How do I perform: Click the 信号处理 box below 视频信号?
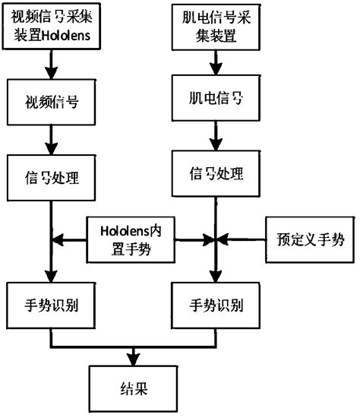pyautogui.click(x=49, y=177)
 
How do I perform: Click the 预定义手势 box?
pyautogui.click(x=308, y=240)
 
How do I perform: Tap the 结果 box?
pyautogui.click(x=136, y=390)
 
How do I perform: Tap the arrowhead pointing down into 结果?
pyautogui.click(x=136, y=360)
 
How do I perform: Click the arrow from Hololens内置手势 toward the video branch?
pyautogui.click(x=72, y=239)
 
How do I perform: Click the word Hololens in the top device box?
pyautogui.click(x=71, y=34)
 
